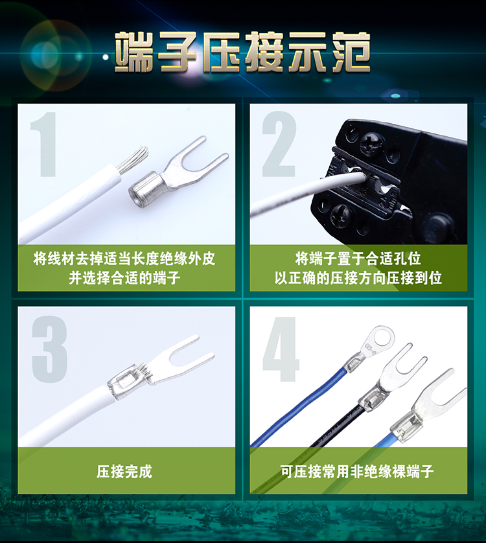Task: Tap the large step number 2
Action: point(279,144)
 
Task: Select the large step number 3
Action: point(49,349)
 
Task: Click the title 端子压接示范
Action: point(242,52)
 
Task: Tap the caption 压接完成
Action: point(124,471)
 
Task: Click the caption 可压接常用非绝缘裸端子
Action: point(357,471)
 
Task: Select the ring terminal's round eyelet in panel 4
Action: point(380,339)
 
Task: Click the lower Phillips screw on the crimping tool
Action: point(341,214)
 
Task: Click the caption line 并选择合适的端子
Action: point(124,278)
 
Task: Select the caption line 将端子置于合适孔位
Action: point(358,259)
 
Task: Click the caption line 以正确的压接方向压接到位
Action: point(358,278)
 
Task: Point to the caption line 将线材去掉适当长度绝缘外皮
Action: point(124,259)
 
